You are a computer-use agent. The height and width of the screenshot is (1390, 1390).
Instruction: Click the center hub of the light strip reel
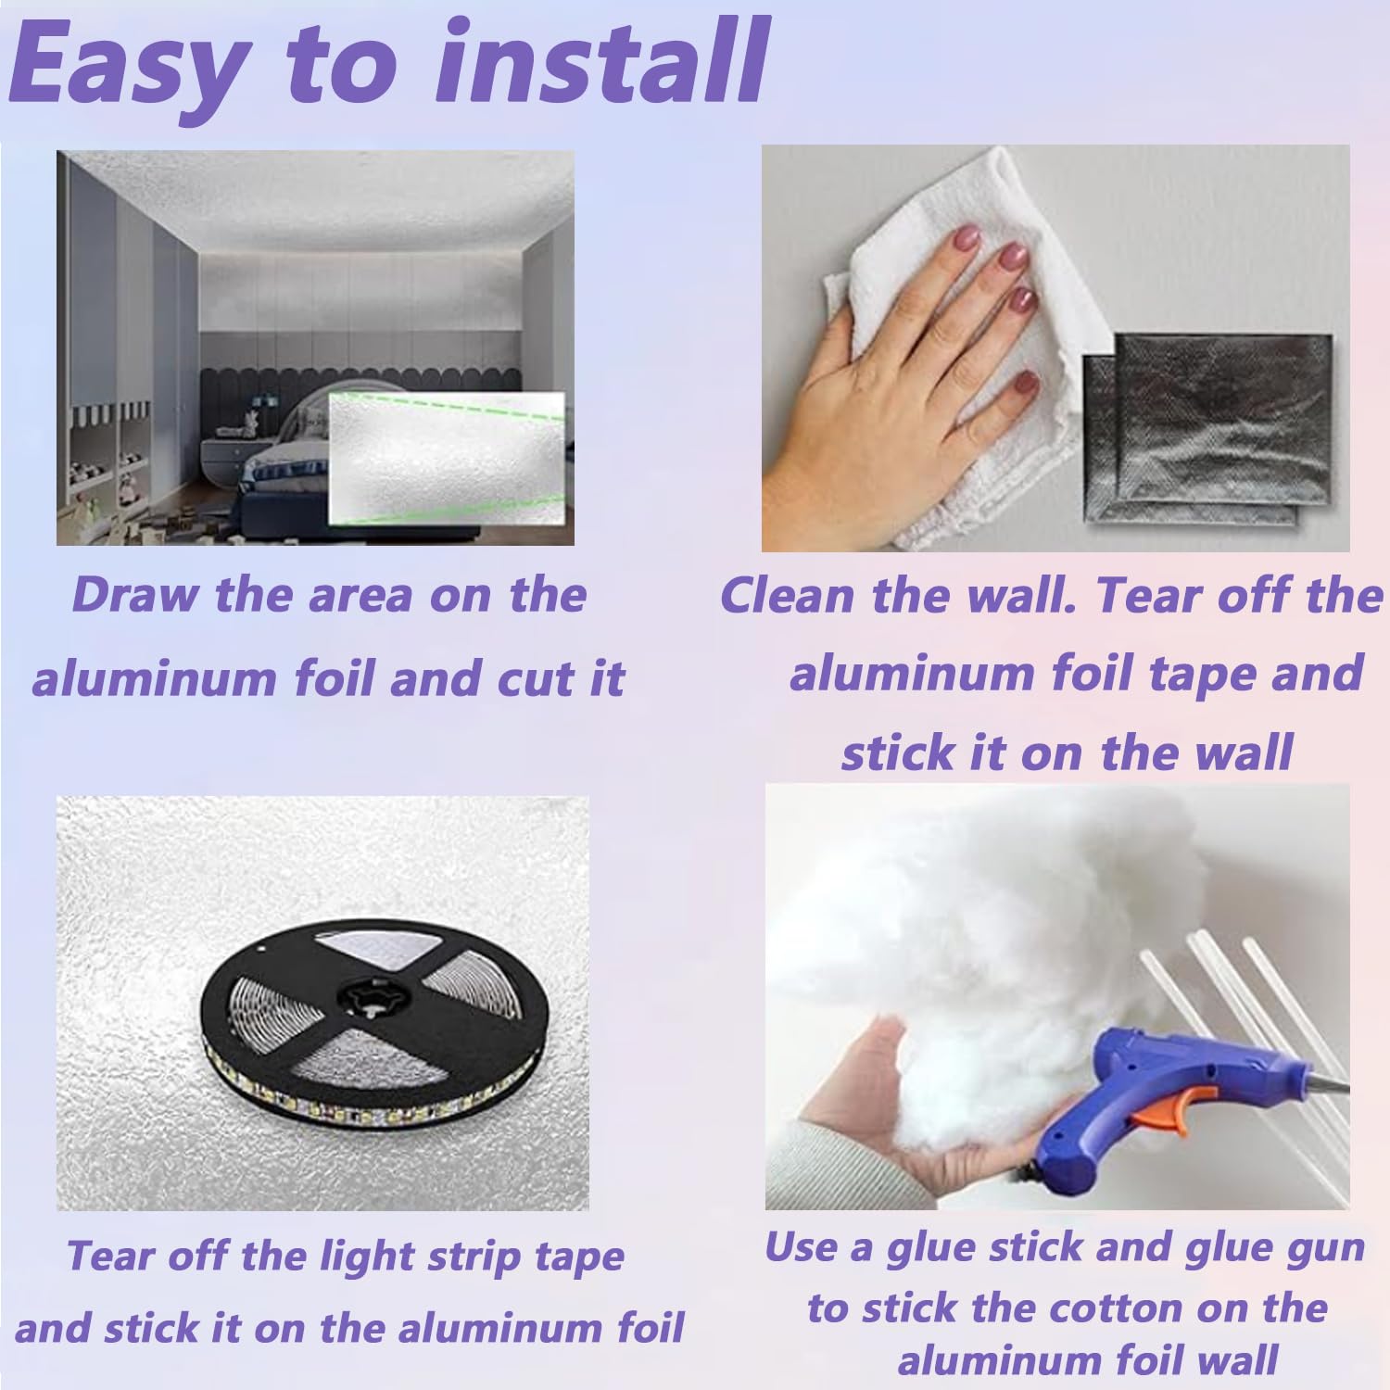(x=371, y=999)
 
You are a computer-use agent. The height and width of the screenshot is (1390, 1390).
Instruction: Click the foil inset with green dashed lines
(x=447, y=458)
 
